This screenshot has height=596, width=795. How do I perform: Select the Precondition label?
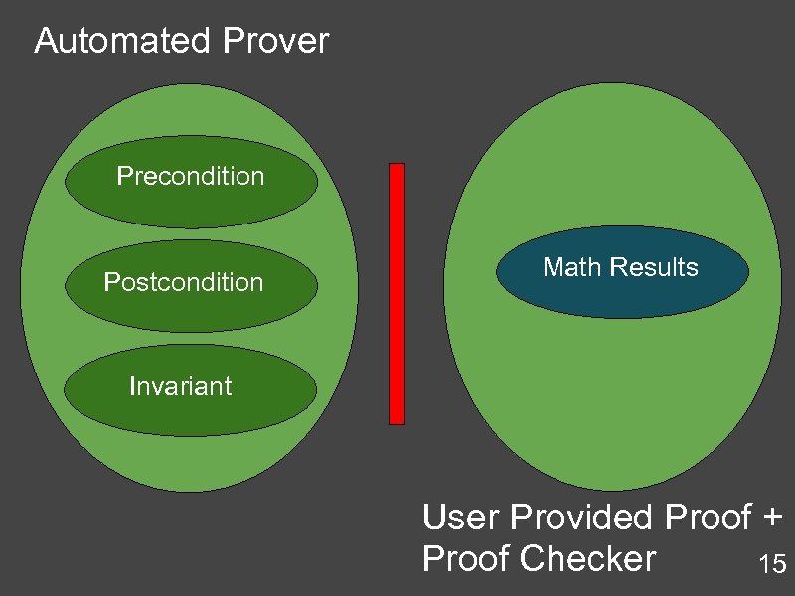coord(191,177)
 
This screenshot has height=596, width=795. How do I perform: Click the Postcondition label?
coord(184,283)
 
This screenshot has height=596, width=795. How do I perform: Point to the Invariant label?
coord(181,386)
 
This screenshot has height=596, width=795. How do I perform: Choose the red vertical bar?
coord(397,293)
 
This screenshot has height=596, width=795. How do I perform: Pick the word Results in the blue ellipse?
coord(654,267)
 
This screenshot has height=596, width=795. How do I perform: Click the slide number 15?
coord(772,566)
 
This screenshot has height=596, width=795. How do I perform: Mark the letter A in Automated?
coord(45,42)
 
